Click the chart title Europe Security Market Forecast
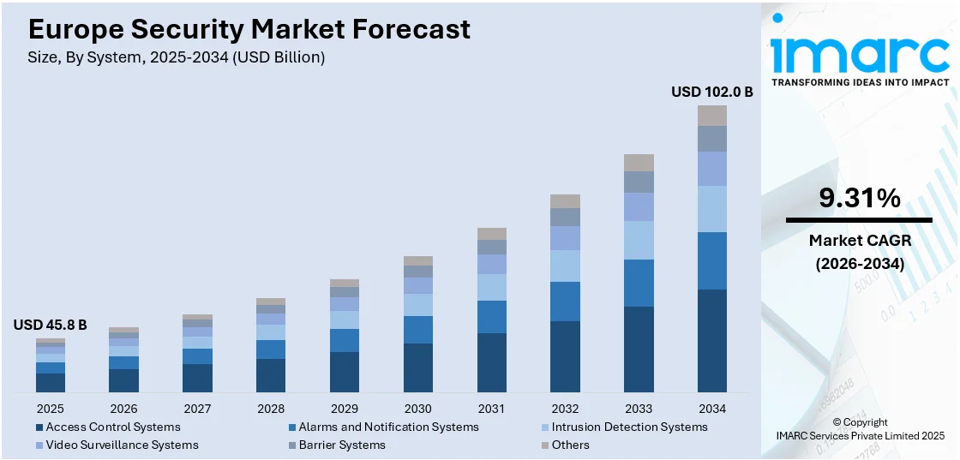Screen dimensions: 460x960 pyautogui.click(x=249, y=30)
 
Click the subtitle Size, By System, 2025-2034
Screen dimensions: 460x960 pyautogui.click(x=177, y=58)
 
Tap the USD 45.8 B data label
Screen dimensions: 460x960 pyautogui.click(x=50, y=325)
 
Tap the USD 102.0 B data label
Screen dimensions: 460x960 pyautogui.click(x=711, y=92)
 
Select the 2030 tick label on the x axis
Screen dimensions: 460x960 pyautogui.click(x=417, y=409)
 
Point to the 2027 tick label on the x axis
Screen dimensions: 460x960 pyautogui.click(x=197, y=409)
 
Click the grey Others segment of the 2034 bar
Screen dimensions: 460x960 pyautogui.click(x=711, y=116)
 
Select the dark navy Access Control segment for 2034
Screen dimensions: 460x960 pyautogui.click(x=711, y=341)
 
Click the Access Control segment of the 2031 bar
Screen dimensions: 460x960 pyautogui.click(x=491, y=362)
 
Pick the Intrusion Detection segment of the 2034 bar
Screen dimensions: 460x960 pyautogui.click(x=711, y=209)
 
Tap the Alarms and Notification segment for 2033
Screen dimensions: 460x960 pyautogui.click(x=639, y=283)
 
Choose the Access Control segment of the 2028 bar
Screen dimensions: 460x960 pyautogui.click(x=271, y=375)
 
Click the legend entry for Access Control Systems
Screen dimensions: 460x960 pyautogui.click(x=112, y=427)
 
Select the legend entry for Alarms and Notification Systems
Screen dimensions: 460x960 pyautogui.click(x=387, y=427)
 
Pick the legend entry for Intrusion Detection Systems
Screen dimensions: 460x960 pyautogui.click(x=629, y=427)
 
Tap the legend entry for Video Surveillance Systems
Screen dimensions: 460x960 pyautogui.click(x=121, y=445)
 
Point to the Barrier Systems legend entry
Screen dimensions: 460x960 pyautogui.click(x=341, y=445)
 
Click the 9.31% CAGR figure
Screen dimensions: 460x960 pyautogui.click(x=859, y=199)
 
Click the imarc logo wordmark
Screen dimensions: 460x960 pyautogui.click(x=859, y=53)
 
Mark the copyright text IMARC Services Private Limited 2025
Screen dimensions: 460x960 pyautogui.click(x=859, y=436)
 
